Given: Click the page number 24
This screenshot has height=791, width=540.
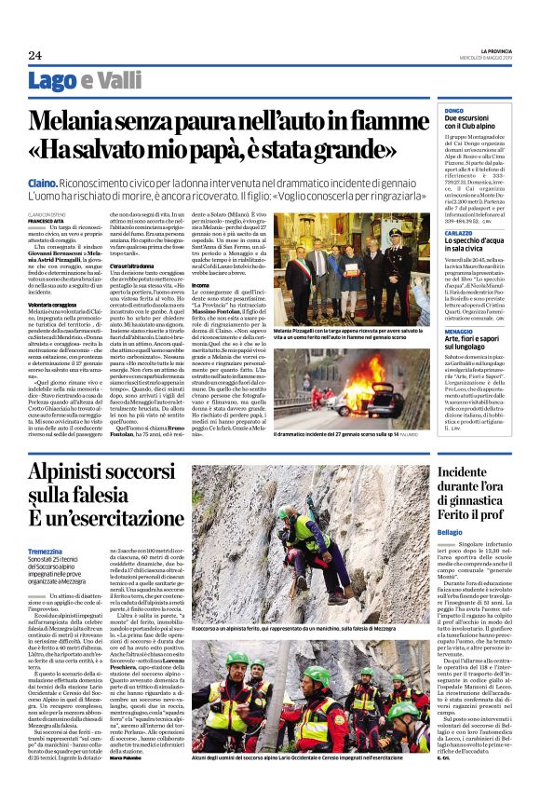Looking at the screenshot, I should (x=34, y=55).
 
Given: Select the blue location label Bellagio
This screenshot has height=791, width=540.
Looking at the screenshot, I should (x=453, y=531).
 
